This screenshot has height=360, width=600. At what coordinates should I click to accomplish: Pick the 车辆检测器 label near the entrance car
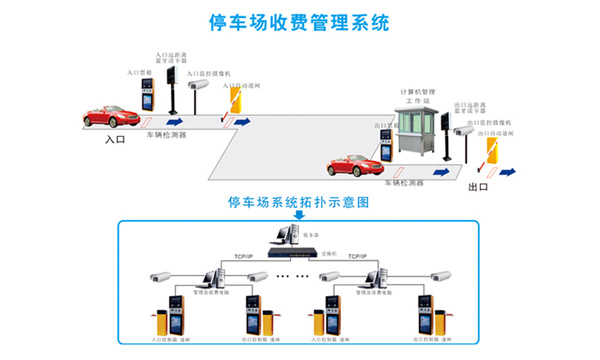(x=163, y=133)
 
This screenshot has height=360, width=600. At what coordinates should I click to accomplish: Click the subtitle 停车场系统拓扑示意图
(x=300, y=202)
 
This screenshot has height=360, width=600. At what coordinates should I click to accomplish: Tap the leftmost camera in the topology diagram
(x=159, y=274)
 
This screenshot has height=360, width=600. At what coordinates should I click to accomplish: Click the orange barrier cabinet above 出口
(x=492, y=149)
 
